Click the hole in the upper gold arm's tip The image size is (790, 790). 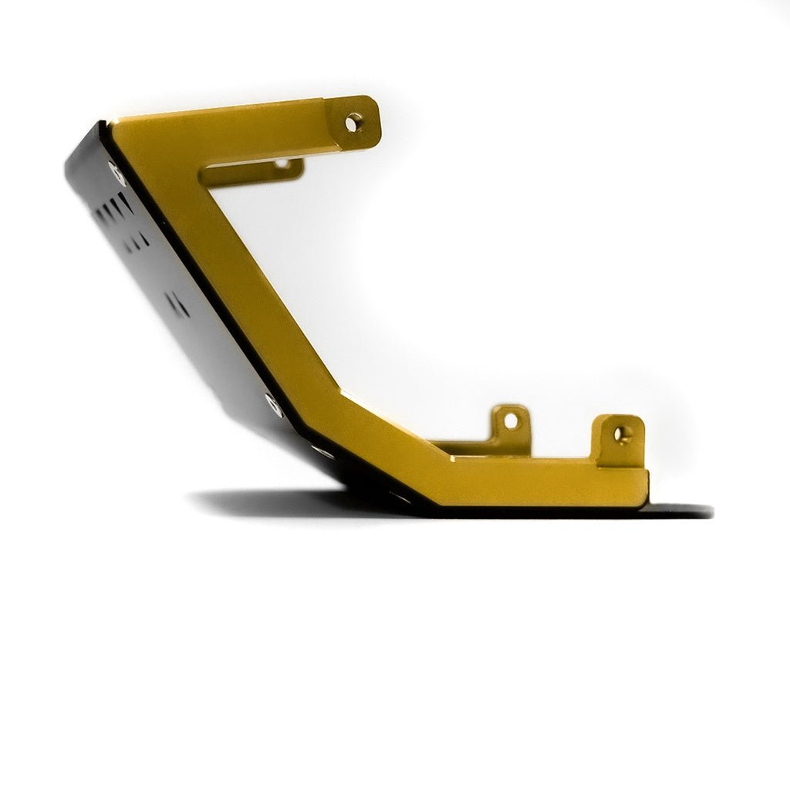click(353, 122)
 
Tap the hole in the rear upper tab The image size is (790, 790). click(282, 163)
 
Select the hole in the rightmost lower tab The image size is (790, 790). click(620, 434)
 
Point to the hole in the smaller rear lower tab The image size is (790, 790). click(511, 421)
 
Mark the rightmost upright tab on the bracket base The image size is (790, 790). click(619, 440)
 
